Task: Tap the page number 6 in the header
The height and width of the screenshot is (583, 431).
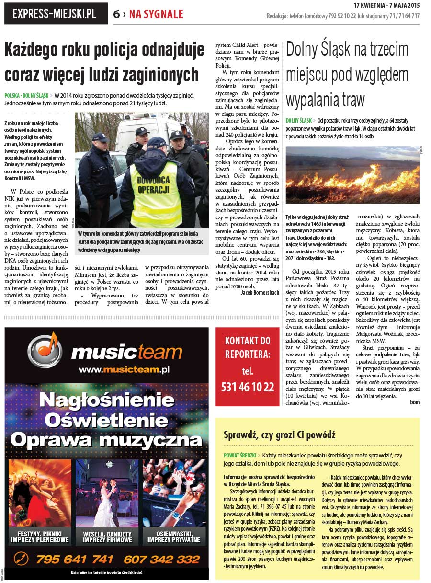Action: pos(116,14)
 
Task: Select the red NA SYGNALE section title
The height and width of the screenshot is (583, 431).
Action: pos(156,14)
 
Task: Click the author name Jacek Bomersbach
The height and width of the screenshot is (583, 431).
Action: pos(260,292)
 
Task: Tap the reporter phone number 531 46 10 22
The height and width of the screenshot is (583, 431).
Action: pos(248,387)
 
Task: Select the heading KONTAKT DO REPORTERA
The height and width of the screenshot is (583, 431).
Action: pos(248,347)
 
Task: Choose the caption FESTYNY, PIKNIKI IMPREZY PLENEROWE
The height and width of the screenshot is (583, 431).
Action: pos(40,537)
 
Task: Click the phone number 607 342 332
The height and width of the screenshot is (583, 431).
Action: pos(161,559)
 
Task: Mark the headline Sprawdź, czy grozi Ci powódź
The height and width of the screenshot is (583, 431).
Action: pos(280,435)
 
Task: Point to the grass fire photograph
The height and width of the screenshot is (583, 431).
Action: pos(352,175)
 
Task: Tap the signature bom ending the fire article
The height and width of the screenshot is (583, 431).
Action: pos(414,402)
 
